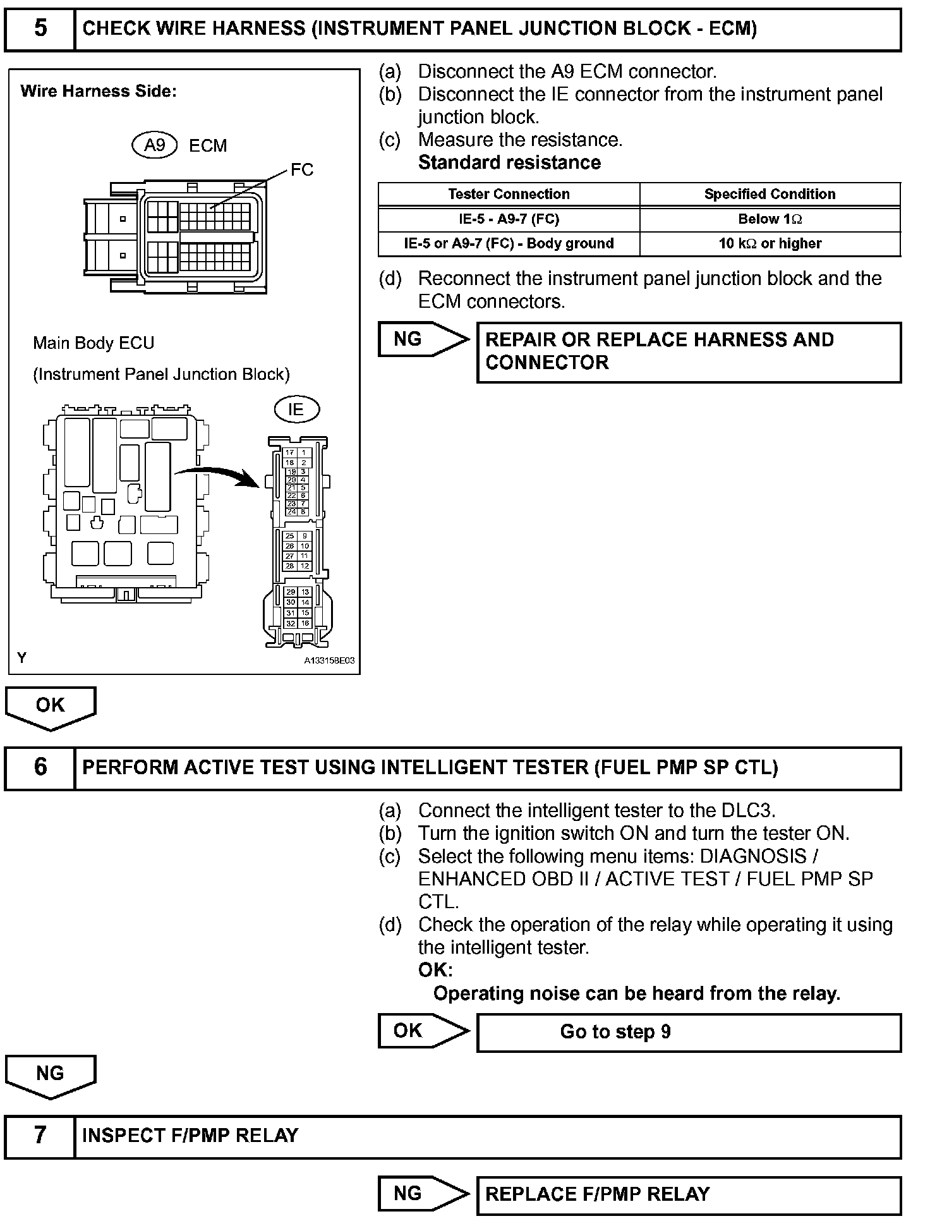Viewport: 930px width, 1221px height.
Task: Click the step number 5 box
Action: tap(40, 29)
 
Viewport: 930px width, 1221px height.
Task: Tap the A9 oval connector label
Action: tap(155, 145)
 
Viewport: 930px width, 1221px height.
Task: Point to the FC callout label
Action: tap(302, 170)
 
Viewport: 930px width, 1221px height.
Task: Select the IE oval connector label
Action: tap(296, 410)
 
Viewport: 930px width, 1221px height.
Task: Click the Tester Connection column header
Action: tap(509, 194)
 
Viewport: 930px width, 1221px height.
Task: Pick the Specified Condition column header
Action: tap(770, 194)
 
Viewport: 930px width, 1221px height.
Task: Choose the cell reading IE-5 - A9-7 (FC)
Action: tap(509, 219)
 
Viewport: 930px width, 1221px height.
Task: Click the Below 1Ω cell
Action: tap(770, 219)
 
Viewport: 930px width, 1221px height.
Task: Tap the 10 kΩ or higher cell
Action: tap(770, 244)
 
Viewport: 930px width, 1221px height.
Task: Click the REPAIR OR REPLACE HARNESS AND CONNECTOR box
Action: tap(689, 352)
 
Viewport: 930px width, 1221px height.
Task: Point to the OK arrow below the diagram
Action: tap(51, 707)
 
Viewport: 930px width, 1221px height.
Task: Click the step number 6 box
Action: tap(40, 767)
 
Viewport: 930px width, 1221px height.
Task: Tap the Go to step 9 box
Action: tap(689, 1033)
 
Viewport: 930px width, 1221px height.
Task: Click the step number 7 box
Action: tap(40, 1136)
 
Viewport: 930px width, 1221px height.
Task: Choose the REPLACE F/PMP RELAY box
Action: tap(689, 1194)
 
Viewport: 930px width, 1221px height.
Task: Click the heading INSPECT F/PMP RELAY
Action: tap(190, 1136)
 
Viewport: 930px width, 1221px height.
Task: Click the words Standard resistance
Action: tap(509, 163)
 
